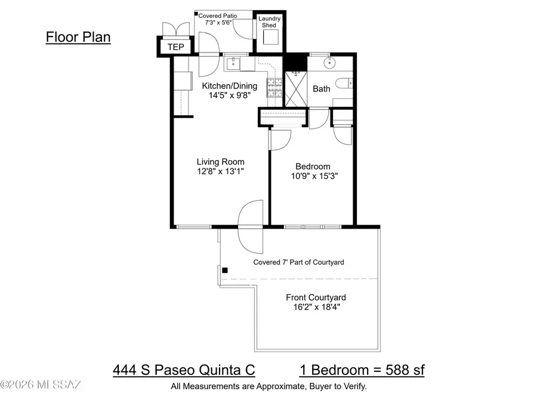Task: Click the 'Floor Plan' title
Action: [78, 37]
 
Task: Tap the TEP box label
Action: [175, 47]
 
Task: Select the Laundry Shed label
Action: [269, 22]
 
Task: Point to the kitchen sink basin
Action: [234, 63]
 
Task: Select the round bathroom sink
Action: [331, 63]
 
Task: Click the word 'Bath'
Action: [322, 89]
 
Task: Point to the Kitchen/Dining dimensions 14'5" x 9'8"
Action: [225, 94]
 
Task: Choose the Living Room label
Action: [221, 161]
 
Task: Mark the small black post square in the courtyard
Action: [225, 270]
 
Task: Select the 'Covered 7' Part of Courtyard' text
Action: [298, 262]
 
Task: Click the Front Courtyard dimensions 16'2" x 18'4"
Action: [316, 307]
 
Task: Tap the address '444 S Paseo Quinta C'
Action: [184, 370]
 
